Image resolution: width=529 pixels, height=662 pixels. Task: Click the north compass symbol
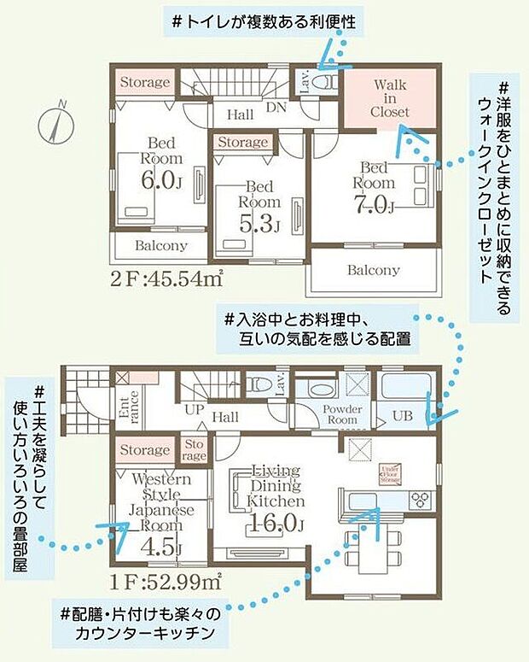pos(53,121)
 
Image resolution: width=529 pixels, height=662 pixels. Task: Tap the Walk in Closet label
pos(390,98)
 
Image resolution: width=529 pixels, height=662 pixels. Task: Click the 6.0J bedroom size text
pos(162,180)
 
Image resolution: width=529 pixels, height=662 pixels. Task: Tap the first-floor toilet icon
pos(259,384)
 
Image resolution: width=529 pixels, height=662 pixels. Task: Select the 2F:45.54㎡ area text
pos(166,278)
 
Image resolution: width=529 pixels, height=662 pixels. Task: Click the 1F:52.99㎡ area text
pos(167,583)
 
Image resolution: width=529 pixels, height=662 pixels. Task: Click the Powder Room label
pos(340,414)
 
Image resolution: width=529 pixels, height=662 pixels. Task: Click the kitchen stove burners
pos(419,499)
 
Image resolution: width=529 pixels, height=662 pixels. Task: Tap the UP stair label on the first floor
pos(194,410)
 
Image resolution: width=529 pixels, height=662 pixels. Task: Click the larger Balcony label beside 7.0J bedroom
pos(373,270)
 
